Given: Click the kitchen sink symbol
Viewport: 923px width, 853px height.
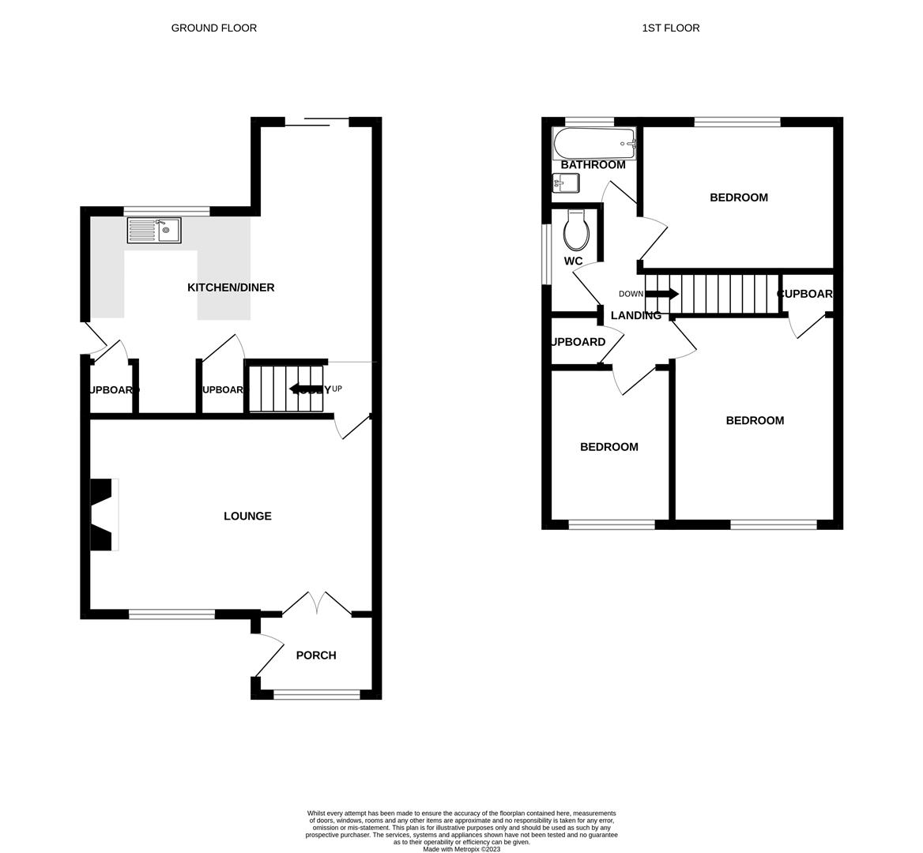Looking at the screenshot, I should tap(154, 231).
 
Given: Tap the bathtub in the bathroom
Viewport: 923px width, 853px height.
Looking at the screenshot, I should tap(594, 144).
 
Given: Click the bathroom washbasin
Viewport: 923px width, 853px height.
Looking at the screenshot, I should tap(565, 183).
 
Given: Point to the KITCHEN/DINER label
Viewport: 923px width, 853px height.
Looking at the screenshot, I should tap(231, 287).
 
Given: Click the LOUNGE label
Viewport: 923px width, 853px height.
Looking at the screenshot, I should tap(247, 516).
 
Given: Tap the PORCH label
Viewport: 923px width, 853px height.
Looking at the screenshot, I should tap(316, 655).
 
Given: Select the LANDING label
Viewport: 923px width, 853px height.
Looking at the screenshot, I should tap(635, 315).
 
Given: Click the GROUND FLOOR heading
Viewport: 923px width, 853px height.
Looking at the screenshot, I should tap(214, 28).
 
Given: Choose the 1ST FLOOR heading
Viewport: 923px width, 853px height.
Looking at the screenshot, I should tap(670, 28).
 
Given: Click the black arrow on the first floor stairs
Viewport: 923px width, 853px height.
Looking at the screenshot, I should tap(662, 294).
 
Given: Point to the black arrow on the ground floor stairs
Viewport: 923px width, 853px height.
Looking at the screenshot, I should tap(304, 389).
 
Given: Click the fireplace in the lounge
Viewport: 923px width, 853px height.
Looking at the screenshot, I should tap(104, 514).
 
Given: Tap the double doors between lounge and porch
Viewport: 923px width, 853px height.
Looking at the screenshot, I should tap(317, 603).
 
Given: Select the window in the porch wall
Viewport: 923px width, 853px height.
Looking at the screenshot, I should tap(316, 694).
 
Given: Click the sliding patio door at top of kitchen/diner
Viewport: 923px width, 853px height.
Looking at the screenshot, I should tap(316, 122).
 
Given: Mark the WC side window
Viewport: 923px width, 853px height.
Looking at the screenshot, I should tap(545, 254).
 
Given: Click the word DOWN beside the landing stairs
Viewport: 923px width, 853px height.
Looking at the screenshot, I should tap(631, 294).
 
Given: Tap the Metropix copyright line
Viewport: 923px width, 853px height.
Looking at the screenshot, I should tap(461, 849).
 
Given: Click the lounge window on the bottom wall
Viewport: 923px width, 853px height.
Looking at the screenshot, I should tap(172, 614).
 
